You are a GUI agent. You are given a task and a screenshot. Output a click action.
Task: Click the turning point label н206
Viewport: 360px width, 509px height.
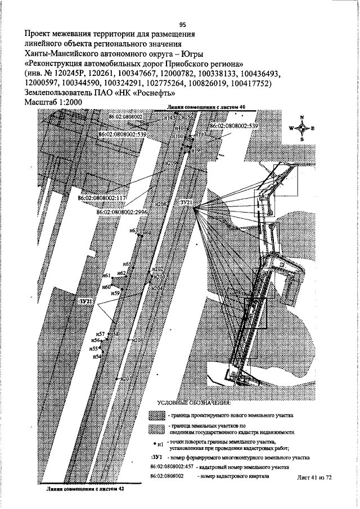[137, 340]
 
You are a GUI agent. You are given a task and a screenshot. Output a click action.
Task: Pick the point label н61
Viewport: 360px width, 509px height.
[106, 276]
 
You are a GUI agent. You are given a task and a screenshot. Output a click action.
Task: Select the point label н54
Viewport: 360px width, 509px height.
[97, 357]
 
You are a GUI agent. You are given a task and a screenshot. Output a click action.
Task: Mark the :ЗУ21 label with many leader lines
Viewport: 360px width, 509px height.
[186, 202]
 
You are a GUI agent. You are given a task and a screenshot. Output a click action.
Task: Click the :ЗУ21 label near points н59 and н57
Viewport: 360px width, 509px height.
[86, 302]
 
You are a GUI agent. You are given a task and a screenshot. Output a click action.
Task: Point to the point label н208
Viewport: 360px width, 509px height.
[161, 204]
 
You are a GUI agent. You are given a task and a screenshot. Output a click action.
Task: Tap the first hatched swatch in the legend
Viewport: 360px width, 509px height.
[156, 416]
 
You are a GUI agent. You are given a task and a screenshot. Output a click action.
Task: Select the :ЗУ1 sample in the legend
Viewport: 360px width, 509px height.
[158, 457]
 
